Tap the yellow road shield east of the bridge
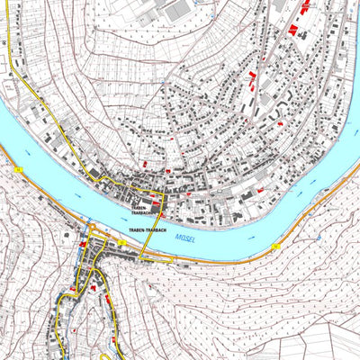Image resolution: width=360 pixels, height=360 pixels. [x=276, y=246]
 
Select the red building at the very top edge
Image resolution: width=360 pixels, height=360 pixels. [x=306, y=4]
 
